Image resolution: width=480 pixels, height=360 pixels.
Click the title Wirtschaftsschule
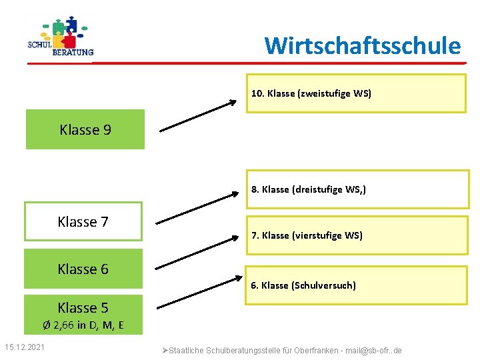(362, 46)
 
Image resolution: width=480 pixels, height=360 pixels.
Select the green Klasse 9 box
(85, 130)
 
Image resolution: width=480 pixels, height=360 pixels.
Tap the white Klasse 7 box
(83, 222)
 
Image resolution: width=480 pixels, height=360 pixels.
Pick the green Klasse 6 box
(83, 269)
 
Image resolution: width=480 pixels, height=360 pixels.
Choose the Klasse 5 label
(83, 308)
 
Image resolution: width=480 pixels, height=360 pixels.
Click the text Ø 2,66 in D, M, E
(83, 325)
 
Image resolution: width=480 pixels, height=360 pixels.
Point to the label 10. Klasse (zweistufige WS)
(311, 93)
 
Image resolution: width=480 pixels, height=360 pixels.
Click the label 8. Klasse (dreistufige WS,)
(308, 189)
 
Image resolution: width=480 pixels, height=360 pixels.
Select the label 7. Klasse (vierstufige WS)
(307, 235)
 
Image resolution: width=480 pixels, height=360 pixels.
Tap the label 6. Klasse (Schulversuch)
(303, 285)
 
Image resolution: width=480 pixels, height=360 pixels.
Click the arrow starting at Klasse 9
(198, 115)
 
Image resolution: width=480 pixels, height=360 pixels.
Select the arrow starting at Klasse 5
(198, 292)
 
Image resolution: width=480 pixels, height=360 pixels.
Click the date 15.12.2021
(25, 347)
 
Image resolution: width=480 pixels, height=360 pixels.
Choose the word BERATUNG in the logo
(73, 52)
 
